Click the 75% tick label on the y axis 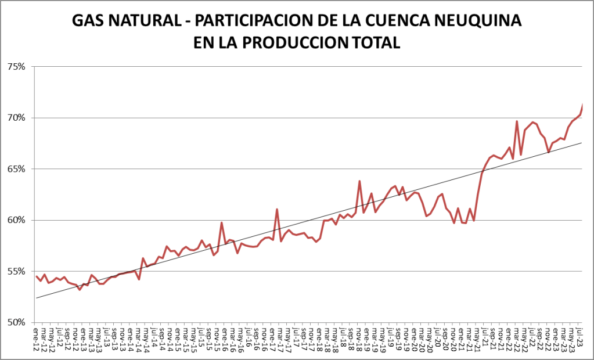tap(16, 67)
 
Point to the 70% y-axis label tap(16, 118)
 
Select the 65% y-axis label tap(16, 169)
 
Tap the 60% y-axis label tap(16, 220)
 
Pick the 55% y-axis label tap(16, 271)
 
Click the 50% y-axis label tap(16, 322)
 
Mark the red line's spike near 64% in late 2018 tap(360, 181)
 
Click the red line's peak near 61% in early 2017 tap(277, 209)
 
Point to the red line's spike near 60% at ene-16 tap(222, 222)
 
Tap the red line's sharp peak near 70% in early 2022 tap(517, 121)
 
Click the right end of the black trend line tap(581, 143)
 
